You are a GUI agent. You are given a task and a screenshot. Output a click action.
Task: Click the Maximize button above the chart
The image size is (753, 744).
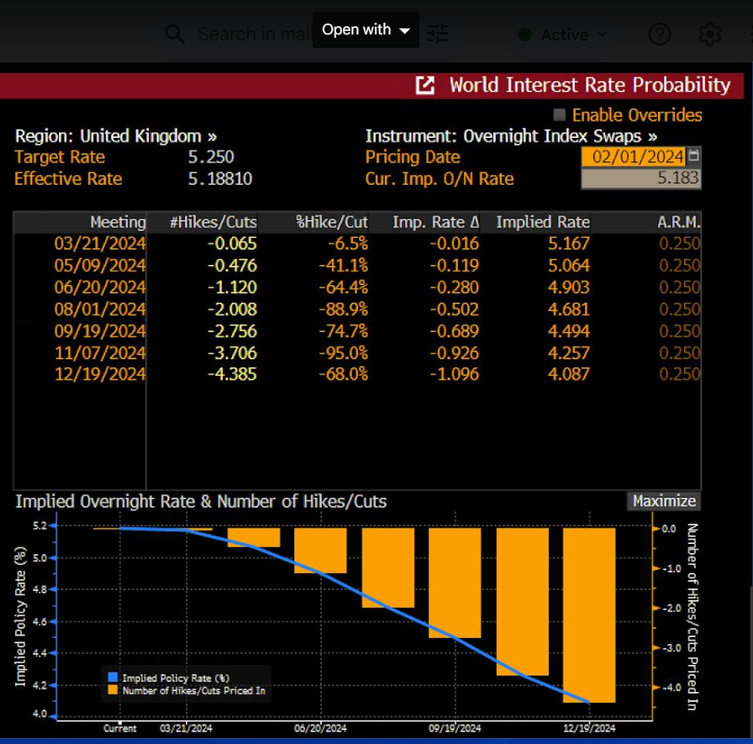click(664, 501)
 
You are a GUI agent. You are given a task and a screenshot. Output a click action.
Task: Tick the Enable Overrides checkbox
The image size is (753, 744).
click(560, 115)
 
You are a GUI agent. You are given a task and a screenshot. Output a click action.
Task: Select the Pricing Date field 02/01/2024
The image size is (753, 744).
click(635, 157)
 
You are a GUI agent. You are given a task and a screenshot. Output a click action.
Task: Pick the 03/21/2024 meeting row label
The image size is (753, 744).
click(100, 244)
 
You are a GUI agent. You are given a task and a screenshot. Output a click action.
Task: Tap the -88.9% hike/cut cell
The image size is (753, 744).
click(344, 309)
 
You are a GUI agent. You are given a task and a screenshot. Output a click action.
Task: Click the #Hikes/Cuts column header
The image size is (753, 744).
click(214, 222)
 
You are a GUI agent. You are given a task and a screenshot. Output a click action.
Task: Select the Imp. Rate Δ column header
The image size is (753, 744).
click(435, 222)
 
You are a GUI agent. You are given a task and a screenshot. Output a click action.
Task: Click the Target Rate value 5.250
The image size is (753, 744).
click(211, 157)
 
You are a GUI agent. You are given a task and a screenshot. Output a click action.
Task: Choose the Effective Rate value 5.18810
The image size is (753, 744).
click(220, 179)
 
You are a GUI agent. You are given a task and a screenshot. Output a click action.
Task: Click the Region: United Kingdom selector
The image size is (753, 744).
click(116, 136)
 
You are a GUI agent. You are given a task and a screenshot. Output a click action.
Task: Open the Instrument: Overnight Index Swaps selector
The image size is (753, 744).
click(511, 136)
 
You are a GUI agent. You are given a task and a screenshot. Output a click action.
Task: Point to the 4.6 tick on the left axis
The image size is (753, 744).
click(39, 621)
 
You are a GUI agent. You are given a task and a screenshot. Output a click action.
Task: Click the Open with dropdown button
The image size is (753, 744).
click(366, 29)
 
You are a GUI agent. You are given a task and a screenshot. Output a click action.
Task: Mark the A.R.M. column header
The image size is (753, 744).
click(679, 222)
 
